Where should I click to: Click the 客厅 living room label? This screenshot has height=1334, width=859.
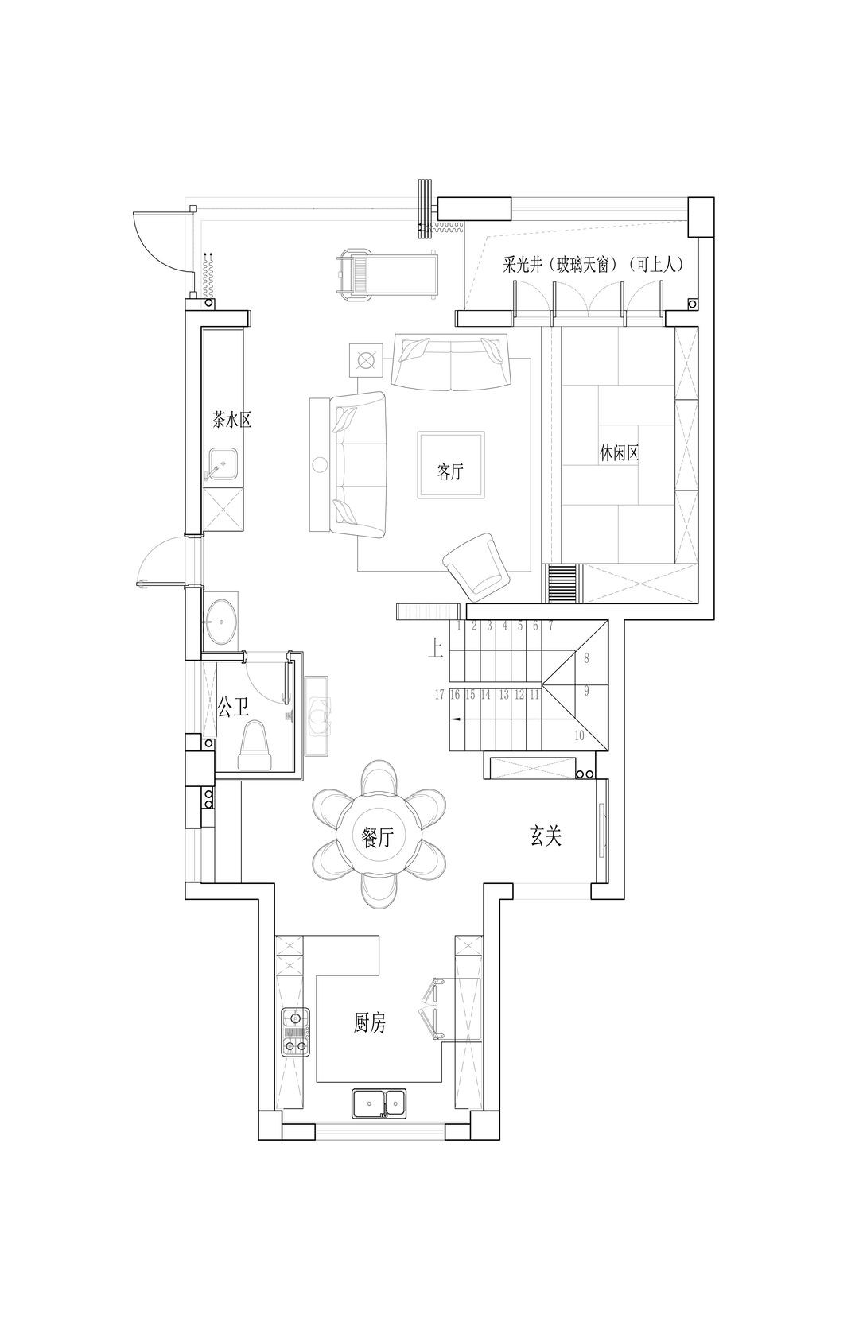(x=449, y=472)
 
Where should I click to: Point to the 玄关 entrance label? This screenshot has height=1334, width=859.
(x=546, y=836)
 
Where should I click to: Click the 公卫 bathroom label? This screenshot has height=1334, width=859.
(x=232, y=708)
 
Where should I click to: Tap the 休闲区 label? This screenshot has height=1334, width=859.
(x=619, y=454)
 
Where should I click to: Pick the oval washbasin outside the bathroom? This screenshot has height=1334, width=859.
(x=222, y=622)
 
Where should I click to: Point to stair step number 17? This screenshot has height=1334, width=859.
(x=440, y=694)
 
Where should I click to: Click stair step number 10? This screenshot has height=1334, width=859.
(x=579, y=736)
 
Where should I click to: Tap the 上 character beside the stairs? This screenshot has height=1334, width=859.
(x=435, y=649)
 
